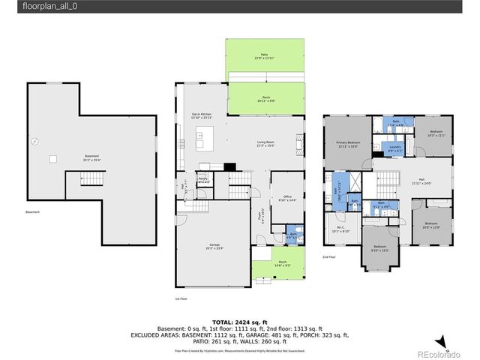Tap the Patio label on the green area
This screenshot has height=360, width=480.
click(x=264, y=55)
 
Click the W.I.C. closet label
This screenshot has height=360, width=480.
click(x=340, y=229)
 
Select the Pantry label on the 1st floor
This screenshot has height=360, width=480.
click(x=202, y=179)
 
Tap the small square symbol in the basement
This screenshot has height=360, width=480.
click(x=53, y=158)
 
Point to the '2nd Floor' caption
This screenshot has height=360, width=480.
click(x=329, y=256)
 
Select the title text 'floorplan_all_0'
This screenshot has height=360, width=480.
click(x=49, y=6)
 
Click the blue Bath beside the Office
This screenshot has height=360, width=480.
click(x=292, y=233)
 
